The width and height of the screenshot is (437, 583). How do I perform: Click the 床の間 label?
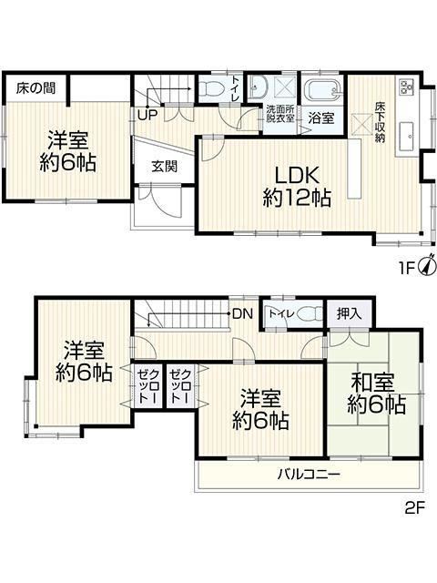tap(36, 88)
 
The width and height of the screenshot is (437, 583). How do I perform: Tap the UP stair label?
tap(147, 115)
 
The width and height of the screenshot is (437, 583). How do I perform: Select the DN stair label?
tap(243, 313)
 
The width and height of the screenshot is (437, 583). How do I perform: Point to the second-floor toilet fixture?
tap(310, 313)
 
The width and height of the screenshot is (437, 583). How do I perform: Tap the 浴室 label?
tap(321, 118)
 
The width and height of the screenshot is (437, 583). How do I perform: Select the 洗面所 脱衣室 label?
tap(280, 114)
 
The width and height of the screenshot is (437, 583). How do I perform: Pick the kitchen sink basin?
tap(407, 137)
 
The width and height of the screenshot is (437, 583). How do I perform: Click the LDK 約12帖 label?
tap(297, 187)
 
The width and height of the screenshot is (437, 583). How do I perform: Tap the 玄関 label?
tap(164, 167)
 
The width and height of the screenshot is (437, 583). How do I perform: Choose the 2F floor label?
tap(414, 508)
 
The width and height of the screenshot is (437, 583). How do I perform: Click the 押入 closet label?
tap(349, 314)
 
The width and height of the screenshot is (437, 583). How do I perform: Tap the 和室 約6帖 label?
tap(376, 394)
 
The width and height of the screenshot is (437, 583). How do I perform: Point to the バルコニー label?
tap(310, 475)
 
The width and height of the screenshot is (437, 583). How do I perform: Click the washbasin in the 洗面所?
tap(257, 87)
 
